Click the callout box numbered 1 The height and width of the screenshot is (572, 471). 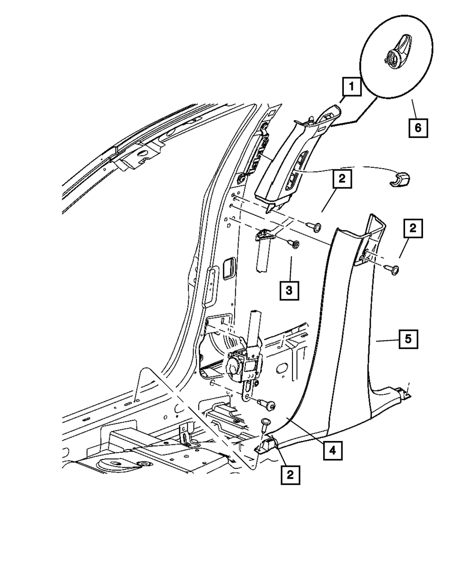[351, 88]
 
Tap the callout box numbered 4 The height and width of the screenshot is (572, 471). [332, 451]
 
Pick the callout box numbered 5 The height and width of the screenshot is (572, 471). [408, 339]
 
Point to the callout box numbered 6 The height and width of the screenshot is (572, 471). [418, 127]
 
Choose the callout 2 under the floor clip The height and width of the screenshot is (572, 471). [290, 475]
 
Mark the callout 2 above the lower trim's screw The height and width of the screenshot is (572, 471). [413, 229]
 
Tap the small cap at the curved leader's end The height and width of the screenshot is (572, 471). [400, 180]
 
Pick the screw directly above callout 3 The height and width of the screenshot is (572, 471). [294, 244]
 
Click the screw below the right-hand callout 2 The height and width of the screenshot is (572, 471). [393, 270]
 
